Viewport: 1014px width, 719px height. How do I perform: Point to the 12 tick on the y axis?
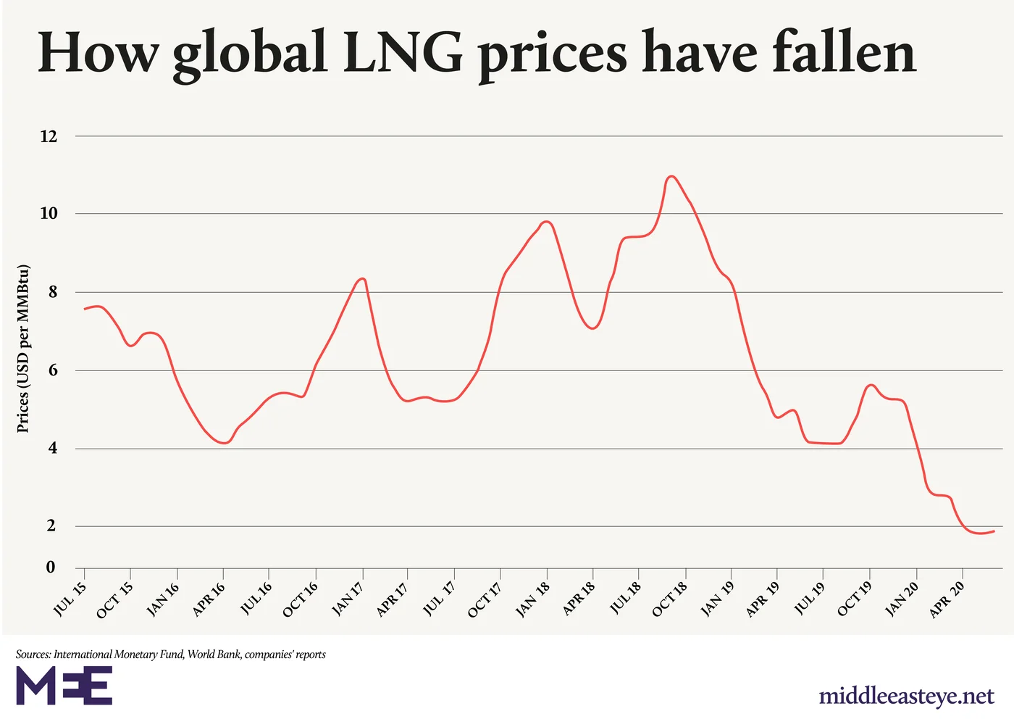pyautogui.click(x=49, y=136)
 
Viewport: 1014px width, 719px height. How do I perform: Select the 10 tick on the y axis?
pyautogui.click(x=49, y=214)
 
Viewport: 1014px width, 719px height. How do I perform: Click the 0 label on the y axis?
pyautogui.click(x=51, y=568)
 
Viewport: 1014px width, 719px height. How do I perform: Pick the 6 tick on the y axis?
pyautogui.click(x=51, y=370)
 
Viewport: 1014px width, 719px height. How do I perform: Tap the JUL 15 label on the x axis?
pyautogui.click(x=70, y=598)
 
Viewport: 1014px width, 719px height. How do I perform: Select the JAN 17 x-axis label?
pyautogui.click(x=348, y=599)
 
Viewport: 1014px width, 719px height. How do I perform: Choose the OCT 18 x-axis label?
pyautogui.click(x=670, y=599)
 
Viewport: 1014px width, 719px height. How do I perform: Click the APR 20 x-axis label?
pyautogui.click(x=947, y=599)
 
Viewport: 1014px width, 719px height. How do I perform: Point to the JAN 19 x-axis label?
pyautogui.click(x=717, y=599)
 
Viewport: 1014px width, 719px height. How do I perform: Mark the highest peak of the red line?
pyautogui.click(x=671, y=176)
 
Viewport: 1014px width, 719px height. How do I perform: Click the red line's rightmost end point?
pyautogui.click(x=994, y=531)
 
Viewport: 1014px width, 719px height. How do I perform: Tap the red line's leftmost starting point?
pyautogui.click(x=85, y=309)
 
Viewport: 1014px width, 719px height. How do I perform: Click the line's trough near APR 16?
pyautogui.click(x=225, y=443)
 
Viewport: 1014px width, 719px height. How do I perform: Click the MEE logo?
pyautogui.click(x=64, y=686)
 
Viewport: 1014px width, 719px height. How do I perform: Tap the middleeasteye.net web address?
pyautogui.click(x=906, y=697)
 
